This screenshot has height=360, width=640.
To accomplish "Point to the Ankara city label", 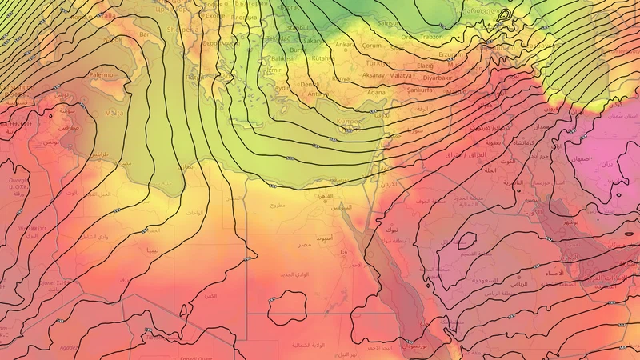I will click(x=346, y=45).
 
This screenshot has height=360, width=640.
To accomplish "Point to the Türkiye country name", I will click(x=375, y=62).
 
